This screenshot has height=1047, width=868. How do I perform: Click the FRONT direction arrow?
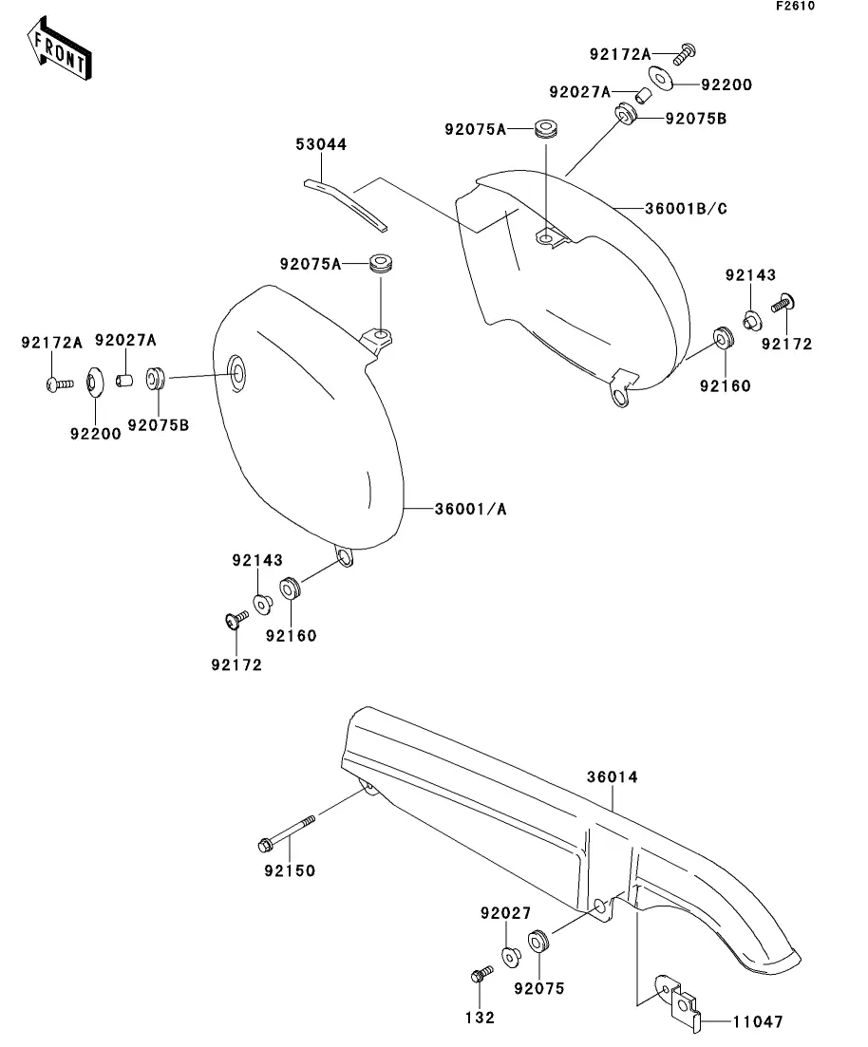[x=60, y=48]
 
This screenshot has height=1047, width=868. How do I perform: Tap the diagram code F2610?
[x=795, y=6]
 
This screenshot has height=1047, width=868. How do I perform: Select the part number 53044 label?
[x=321, y=144]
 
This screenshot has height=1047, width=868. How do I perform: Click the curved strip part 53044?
[x=346, y=205]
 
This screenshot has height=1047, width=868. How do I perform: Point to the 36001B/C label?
[x=687, y=208]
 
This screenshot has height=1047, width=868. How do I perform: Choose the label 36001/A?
[x=470, y=509]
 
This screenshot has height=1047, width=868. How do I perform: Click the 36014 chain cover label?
[x=613, y=776]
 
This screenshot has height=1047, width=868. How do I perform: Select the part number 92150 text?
[x=290, y=870]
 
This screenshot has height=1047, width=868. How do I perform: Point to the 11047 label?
[x=758, y=1021]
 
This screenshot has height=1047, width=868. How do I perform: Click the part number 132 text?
[x=480, y=1018]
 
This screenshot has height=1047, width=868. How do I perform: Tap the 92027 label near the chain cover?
[x=506, y=913]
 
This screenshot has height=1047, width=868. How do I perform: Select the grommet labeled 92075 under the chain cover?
[x=538, y=942]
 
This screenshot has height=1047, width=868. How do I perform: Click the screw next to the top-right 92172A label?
[x=685, y=53]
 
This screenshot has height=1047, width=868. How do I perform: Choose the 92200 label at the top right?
[x=726, y=84]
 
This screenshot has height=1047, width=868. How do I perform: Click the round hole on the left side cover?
[x=236, y=372]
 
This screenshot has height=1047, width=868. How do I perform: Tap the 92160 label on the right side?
[x=725, y=386]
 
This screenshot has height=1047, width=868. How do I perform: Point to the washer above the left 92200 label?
[x=94, y=382]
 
